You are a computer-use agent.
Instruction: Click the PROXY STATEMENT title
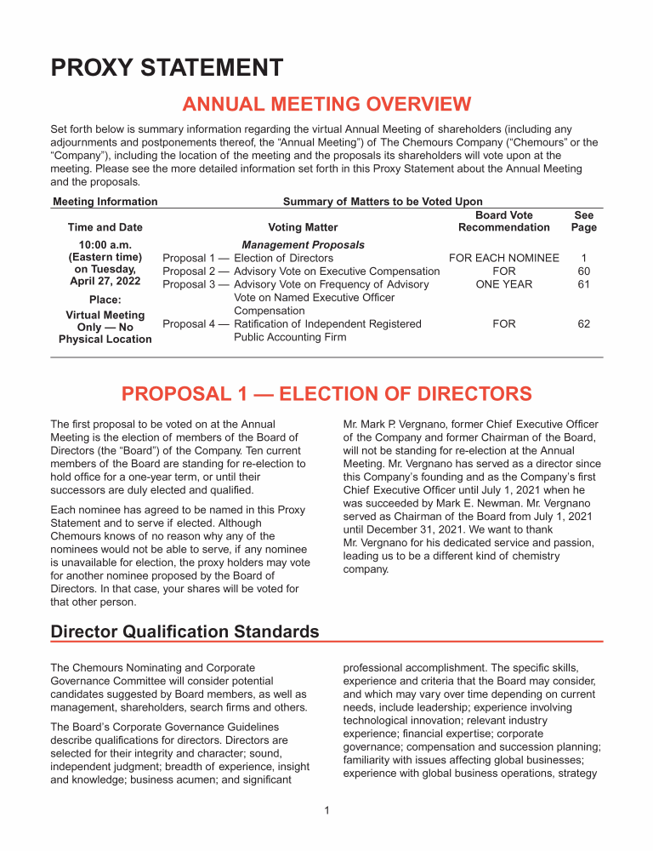167,67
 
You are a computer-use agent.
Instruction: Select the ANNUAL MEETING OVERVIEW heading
326,105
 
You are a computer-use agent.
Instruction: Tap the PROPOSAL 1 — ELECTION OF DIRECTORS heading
326,394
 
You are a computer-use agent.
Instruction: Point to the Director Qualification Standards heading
185,631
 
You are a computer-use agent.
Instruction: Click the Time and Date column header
105,227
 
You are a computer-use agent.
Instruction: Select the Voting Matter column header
303,227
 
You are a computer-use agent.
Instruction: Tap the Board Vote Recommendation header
503,221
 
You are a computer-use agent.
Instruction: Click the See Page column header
584,221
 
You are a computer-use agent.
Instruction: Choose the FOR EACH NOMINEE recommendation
503,258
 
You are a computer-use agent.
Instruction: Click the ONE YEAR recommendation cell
503,284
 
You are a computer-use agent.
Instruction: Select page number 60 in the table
584,271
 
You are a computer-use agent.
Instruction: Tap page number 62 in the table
584,324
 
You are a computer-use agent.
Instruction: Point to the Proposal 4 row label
196,324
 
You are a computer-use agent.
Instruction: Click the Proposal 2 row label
196,271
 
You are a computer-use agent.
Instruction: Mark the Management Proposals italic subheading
303,245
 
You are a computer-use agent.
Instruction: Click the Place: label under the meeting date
105,300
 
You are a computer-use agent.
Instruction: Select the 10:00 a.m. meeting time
105,245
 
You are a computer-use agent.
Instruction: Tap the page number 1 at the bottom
326,811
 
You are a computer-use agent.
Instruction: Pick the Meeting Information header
105,202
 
